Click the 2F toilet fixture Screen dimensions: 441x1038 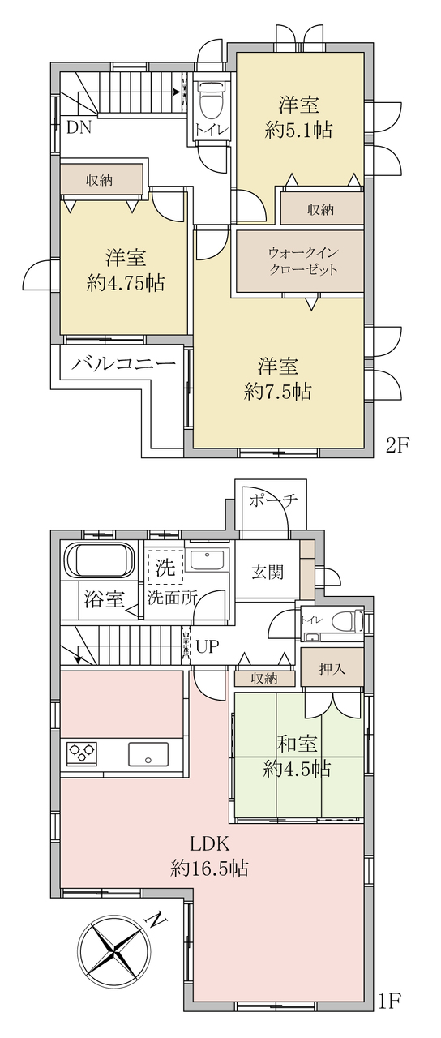[212, 99]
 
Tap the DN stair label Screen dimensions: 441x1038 [79, 127]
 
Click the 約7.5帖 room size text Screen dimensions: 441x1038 [277, 392]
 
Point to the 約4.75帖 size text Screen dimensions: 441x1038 [126, 283]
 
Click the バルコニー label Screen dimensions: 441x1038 [124, 363]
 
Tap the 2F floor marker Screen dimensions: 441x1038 [397, 445]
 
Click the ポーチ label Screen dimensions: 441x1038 [272, 501]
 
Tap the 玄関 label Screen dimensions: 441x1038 [268, 573]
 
